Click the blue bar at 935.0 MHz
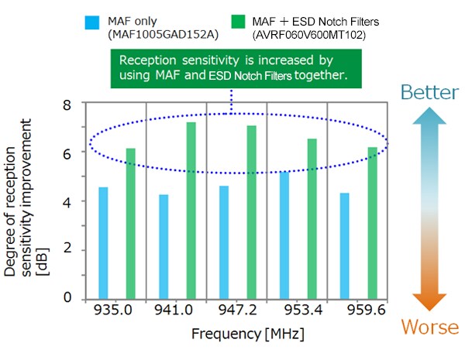pos(103,242)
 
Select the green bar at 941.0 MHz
pos(191,210)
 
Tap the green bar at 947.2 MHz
pos(251,211)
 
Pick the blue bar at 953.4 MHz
pos(284,235)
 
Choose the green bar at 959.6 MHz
pos(372,222)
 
